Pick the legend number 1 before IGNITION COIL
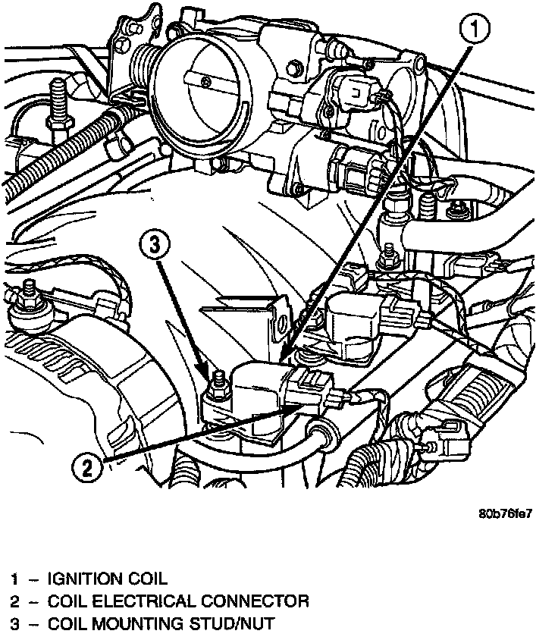pyautogui.click(x=14, y=580)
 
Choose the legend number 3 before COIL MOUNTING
pyautogui.click(x=14, y=625)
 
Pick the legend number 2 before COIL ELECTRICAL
pyautogui.click(x=14, y=602)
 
